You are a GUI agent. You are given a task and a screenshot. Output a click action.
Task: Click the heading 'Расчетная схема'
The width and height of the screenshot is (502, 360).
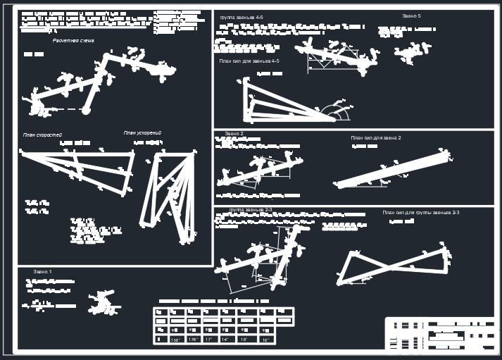click(x=73, y=41)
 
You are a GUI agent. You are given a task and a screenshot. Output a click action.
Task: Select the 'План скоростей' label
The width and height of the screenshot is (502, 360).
click(x=42, y=134)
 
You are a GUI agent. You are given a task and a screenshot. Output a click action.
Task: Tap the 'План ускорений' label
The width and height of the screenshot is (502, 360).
click(x=143, y=132)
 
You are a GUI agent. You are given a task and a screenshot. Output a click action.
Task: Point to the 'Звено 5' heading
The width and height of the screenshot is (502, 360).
click(x=411, y=15)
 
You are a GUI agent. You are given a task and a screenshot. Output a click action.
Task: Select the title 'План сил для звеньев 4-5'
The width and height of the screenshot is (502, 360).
click(x=249, y=61)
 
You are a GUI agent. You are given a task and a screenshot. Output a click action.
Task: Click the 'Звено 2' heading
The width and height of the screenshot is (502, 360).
click(x=234, y=133)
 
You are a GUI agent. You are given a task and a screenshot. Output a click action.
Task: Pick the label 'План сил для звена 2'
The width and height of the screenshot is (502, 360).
click(x=375, y=138)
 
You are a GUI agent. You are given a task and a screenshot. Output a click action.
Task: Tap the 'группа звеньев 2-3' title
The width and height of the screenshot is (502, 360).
click(x=251, y=210)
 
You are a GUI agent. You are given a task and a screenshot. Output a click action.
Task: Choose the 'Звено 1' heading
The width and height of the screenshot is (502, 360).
click(x=42, y=271)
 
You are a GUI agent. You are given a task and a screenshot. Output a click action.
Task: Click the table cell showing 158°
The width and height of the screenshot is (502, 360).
click(x=176, y=340)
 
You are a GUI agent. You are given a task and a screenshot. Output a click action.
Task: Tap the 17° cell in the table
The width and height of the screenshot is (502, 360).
click(x=209, y=340)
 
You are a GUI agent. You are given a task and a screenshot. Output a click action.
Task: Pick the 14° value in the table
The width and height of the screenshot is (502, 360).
click(x=225, y=340)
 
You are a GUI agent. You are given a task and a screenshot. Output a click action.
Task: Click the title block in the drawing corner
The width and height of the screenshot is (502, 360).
click(x=439, y=334)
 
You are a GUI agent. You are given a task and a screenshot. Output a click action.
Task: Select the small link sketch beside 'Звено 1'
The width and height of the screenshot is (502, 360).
click(x=101, y=302)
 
